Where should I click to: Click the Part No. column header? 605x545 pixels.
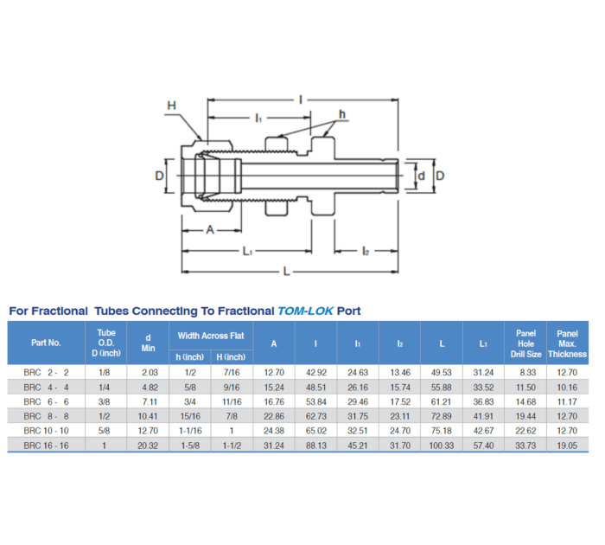[46, 343]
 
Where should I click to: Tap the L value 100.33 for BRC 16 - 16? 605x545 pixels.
[442, 444]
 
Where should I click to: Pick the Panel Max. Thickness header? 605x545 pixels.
[567, 343]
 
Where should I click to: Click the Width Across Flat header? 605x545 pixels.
[211, 335]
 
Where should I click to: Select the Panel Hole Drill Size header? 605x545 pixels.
[525, 343]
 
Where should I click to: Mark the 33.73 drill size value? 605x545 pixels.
[525, 444]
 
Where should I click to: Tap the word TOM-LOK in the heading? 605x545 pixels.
[305, 311]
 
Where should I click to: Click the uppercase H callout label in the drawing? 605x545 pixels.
[171, 106]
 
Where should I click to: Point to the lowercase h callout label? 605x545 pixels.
[342, 113]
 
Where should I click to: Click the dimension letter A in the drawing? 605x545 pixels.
[210, 230]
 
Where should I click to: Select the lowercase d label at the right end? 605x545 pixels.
[421, 176]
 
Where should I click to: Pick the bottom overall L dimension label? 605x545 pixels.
[287, 272]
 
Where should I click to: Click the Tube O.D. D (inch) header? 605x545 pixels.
[106, 343]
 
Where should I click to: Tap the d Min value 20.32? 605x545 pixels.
[149, 444]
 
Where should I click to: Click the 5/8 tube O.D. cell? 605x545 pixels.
[106, 430]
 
